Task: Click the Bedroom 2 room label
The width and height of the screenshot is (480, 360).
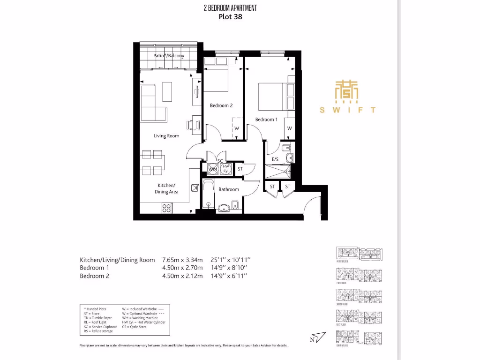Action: point(221,105)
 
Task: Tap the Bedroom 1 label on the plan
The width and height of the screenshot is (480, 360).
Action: point(266,120)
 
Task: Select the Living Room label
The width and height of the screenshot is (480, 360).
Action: point(166,136)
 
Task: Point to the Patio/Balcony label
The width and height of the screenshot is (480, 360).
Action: point(169,56)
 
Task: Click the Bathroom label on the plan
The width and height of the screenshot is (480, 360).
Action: point(229,189)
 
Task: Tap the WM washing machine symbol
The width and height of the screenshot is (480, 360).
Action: point(212,169)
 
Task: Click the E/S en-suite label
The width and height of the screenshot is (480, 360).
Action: point(276,160)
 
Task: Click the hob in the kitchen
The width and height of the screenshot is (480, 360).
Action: point(166,207)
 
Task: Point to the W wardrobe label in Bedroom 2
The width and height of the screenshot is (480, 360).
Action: point(237,128)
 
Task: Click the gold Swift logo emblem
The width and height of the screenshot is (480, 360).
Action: point(347,91)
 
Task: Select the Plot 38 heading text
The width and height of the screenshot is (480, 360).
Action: point(231,17)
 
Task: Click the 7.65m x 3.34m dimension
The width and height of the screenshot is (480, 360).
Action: point(182,260)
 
